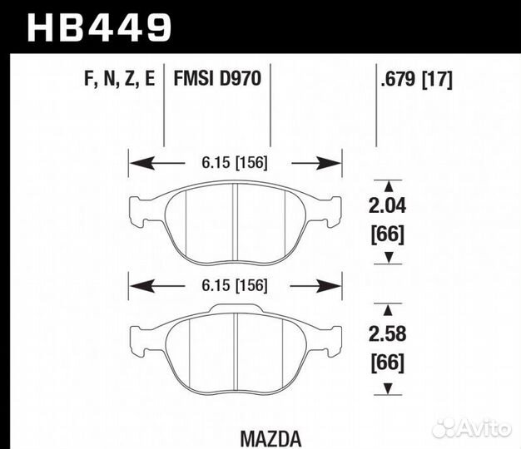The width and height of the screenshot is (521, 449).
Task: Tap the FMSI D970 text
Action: [217, 80]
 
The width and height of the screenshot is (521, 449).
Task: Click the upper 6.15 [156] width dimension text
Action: [236, 163]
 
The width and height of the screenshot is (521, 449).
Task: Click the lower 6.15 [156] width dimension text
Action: [236, 285]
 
